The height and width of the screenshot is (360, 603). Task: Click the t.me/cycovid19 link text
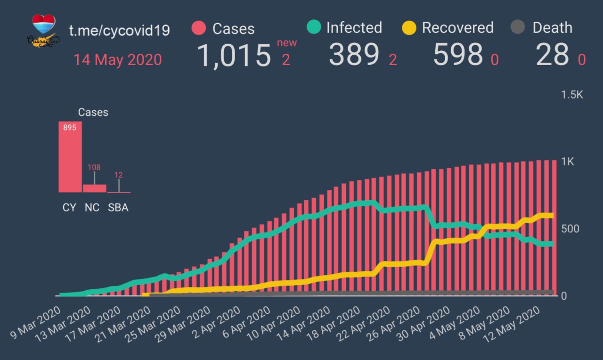(119, 31)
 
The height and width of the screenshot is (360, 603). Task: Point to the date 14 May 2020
(117, 60)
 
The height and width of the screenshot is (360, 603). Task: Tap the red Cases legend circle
(199, 28)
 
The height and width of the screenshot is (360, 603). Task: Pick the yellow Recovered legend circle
(409, 28)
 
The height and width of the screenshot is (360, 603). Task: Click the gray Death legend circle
(517, 27)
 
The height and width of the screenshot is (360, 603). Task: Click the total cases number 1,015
(234, 56)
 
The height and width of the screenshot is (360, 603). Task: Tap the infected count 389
(354, 55)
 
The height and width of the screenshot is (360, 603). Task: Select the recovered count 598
(458, 55)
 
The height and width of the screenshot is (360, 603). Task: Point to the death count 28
(553, 55)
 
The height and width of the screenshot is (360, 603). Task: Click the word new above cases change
(287, 43)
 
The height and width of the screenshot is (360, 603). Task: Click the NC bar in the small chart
(95, 188)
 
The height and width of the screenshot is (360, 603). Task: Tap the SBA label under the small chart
(118, 208)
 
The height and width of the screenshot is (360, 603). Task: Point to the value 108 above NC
(94, 167)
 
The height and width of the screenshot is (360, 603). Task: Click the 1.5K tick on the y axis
(572, 95)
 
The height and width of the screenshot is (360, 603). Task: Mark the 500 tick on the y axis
(570, 229)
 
